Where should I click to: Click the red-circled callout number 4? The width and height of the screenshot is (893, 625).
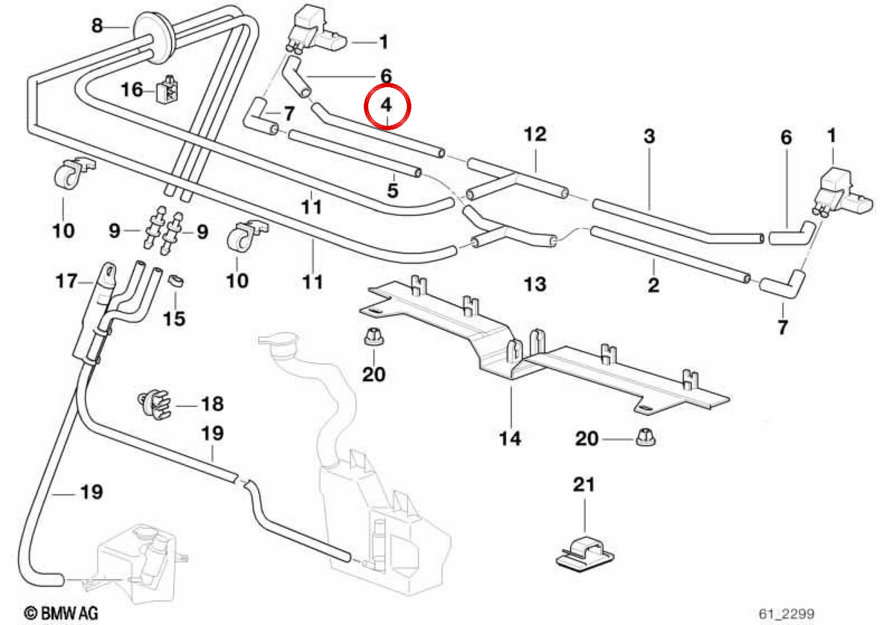coord(386,105)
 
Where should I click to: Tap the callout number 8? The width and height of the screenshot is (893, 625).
coord(97,26)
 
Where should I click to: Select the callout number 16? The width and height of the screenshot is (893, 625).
coord(132,90)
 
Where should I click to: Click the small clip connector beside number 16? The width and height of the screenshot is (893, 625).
coord(167,89)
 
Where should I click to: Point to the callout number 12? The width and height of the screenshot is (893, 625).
coord(535,134)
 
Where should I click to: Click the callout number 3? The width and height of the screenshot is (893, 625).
coord(650,136)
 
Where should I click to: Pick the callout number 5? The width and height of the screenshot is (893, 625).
coord(393,190)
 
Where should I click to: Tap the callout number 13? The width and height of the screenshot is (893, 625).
coord(534,284)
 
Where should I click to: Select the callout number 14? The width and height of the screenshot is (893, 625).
coord(510,438)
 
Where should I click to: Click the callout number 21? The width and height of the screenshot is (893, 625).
coord(584,484)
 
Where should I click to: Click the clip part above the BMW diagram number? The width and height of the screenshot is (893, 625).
coord(585,554)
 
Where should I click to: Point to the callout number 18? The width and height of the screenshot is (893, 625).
coord(213,404)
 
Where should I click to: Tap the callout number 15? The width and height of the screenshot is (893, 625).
coord(174,319)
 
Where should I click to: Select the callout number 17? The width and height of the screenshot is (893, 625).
coord(66,281)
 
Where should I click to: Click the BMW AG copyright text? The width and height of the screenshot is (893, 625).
coord(61,613)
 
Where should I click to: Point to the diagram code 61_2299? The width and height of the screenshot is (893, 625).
coord(787,613)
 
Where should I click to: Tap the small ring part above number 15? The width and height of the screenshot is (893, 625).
coord(176,281)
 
